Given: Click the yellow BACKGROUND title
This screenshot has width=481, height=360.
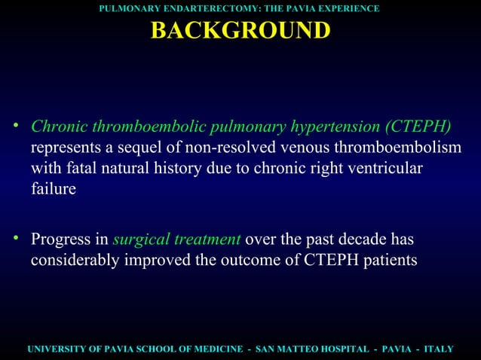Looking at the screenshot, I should pos(240,31).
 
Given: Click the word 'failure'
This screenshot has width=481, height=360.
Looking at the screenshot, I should pos(53,188).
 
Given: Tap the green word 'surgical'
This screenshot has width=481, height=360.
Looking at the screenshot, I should pos(140,240).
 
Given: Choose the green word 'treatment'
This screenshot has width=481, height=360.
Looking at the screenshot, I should pos(207,240).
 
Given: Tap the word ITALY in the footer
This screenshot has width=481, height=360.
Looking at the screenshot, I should pos(438,349).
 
